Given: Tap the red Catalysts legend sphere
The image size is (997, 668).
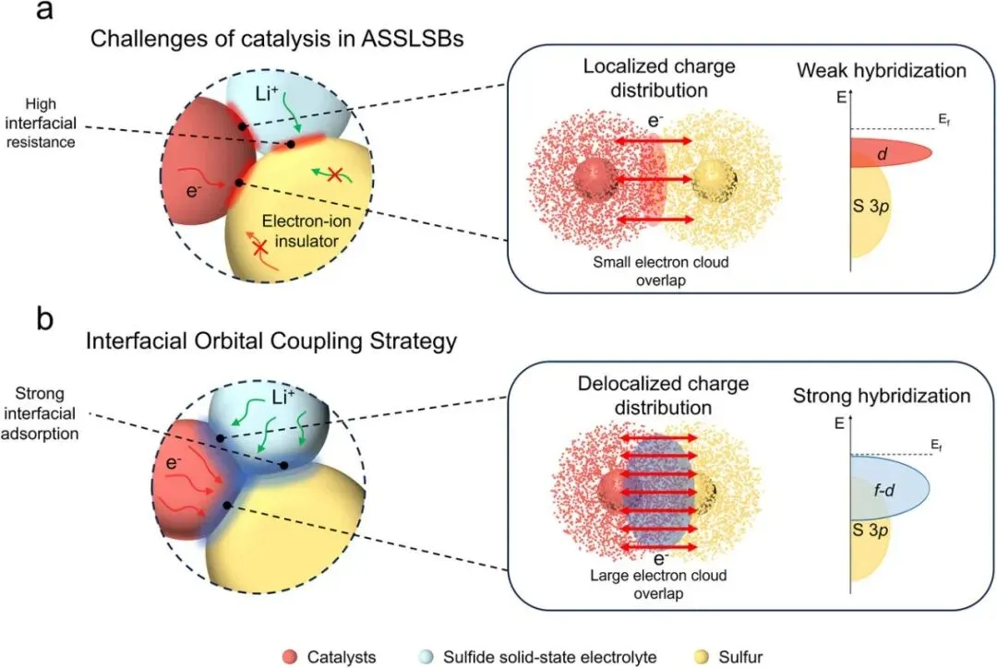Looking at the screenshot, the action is point(289,657).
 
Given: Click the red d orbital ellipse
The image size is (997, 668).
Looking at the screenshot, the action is point(891,153).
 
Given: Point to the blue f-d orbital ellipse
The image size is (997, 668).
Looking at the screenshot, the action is point(890,488).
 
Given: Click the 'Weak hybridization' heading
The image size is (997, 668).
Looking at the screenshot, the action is point(882,70).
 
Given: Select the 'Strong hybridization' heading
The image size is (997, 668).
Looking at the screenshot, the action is point(882,396).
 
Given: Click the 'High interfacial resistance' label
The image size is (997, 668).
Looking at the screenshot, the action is point(41,123).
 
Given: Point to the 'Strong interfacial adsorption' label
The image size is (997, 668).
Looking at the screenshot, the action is point(40,413).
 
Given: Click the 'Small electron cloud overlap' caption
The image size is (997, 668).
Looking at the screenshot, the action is point(661,271).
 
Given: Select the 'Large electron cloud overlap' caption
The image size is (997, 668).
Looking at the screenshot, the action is point(658,584).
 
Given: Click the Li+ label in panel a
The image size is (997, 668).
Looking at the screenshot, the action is point(267,94).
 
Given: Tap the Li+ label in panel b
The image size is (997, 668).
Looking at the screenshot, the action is point(283,398).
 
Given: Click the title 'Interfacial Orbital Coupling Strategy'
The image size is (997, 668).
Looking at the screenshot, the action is point(271,341).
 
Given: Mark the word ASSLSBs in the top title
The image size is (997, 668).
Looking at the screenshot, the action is point(412,39).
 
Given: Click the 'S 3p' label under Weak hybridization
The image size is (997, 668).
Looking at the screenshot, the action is point(871,207).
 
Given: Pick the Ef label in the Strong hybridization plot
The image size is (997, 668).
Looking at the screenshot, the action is point(937,446).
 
